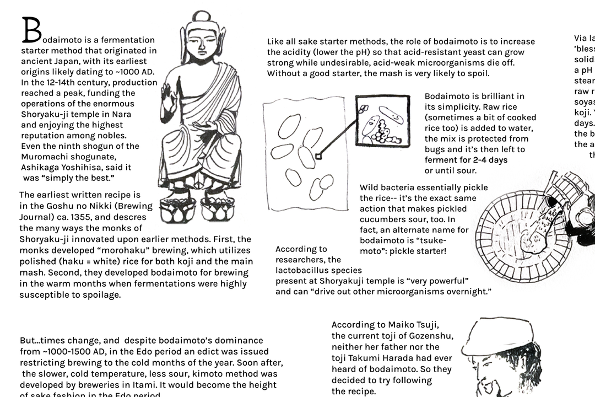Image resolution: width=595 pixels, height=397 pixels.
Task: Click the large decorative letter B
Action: [31, 30]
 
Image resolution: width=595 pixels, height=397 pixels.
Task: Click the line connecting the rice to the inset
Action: [337, 141]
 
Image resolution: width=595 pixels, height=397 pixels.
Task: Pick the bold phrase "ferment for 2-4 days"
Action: [466, 160]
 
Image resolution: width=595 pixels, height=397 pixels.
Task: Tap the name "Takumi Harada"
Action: [381, 358]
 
